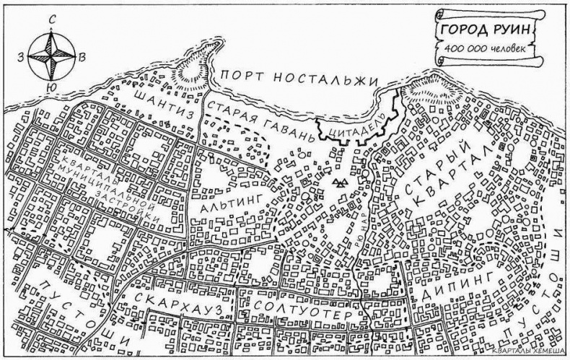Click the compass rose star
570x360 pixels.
(51, 55)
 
